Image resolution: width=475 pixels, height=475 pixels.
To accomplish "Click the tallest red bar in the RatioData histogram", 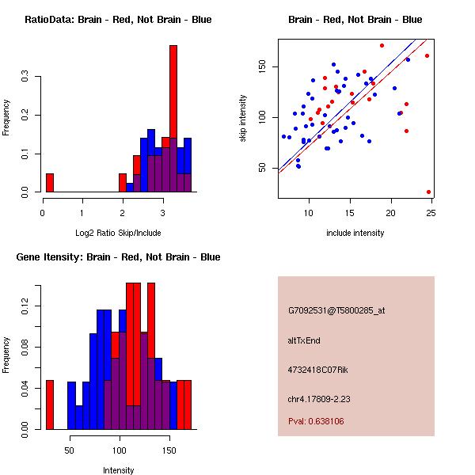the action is pyautogui.click(x=173, y=119).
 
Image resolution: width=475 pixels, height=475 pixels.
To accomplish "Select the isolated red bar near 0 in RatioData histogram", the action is pyautogui.click(x=50, y=183).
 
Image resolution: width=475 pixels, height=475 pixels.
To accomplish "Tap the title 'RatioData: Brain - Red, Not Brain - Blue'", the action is pyautogui.click(x=118, y=20).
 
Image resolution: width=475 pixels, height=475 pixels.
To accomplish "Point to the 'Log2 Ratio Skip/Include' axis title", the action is pyautogui.click(x=118, y=233).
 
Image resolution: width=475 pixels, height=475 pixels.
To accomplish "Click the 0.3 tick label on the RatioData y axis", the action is pyautogui.click(x=25, y=76).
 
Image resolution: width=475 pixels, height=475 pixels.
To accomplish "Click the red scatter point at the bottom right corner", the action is pyautogui.click(x=428, y=192).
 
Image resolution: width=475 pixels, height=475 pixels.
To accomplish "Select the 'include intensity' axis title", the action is pyautogui.click(x=355, y=233).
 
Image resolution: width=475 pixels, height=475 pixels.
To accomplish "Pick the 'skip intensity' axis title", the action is pyautogui.click(x=243, y=118).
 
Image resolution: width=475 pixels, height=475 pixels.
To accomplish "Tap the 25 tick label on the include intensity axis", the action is pyautogui.click(x=431, y=213).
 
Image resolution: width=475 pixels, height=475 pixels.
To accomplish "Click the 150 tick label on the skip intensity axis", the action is pyautogui.click(x=262, y=66).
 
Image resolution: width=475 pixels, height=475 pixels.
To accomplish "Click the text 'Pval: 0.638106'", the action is pyautogui.click(x=316, y=421).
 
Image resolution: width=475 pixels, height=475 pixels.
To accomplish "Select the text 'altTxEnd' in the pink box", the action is pyautogui.click(x=304, y=340).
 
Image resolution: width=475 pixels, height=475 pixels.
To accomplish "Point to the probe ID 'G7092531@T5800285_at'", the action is pyautogui.click(x=336, y=310).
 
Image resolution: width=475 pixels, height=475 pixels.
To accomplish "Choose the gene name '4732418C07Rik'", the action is pyautogui.click(x=317, y=370).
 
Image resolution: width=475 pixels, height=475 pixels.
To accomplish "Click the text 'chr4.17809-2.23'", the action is pyautogui.click(x=319, y=399).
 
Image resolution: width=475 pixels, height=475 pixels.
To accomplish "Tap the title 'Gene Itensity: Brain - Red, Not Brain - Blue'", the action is pyautogui.click(x=118, y=257).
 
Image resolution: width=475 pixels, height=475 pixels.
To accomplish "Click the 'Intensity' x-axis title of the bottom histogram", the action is pyautogui.click(x=118, y=470).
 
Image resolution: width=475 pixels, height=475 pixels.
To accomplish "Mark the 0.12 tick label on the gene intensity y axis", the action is pyautogui.click(x=25, y=306).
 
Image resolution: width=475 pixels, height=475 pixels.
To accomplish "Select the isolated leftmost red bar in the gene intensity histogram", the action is pyautogui.click(x=50, y=405).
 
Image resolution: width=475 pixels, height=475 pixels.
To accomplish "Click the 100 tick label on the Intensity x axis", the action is pyautogui.click(x=120, y=450).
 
